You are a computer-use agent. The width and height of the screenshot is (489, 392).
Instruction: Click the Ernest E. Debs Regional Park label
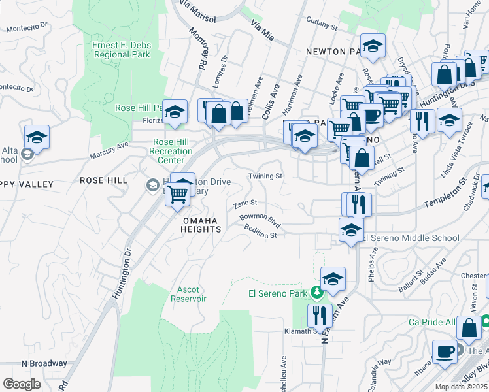click(121, 50)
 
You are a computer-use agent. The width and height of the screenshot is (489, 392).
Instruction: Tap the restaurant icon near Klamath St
click(320, 316)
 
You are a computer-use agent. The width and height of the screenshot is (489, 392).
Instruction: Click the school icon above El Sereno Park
click(333, 278)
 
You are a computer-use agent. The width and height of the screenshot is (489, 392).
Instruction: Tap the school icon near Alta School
click(37, 137)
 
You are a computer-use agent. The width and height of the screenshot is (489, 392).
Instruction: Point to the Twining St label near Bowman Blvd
click(265, 176)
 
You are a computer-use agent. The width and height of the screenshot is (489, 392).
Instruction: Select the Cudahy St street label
click(322, 27)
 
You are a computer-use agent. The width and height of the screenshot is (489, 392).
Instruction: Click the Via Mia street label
click(263, 30)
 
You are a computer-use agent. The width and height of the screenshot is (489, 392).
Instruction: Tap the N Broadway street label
click(44, 363)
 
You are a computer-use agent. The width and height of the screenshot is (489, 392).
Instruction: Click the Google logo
click(22, 384)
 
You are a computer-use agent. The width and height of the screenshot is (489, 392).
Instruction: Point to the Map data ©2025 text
click(460, 387)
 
